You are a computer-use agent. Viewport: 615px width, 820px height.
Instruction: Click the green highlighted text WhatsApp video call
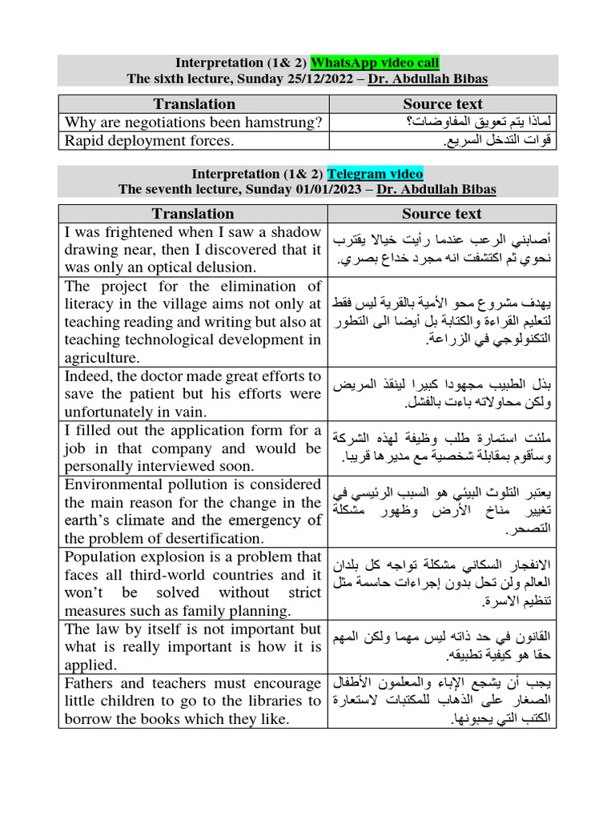coord(375,62)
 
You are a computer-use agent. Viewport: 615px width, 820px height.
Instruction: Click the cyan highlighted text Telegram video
coord(375,174)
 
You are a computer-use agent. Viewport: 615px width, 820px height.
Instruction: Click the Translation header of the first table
coord(195,104)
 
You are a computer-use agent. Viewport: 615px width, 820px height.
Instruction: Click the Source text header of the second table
coord(442,214)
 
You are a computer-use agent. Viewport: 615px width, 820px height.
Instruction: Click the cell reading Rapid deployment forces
coord(149,141)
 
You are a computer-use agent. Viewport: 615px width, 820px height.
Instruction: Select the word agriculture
coord(102,358)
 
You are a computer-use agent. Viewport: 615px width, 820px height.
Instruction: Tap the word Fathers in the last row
coord(90,683)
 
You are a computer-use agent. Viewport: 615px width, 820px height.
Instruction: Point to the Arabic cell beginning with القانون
coord(443,646)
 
